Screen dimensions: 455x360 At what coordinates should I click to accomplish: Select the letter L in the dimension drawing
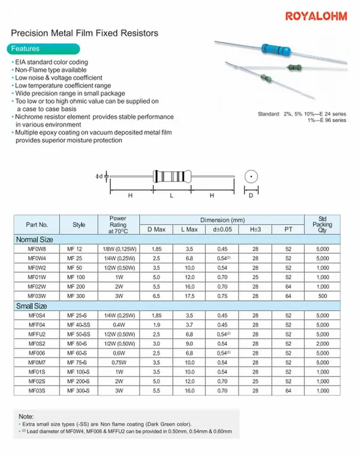click(171, 195)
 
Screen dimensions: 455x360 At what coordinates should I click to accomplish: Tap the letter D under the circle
click(249, 196)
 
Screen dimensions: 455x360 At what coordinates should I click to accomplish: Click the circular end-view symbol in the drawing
click(249, 177)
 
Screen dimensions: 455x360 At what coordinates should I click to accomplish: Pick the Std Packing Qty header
click(322, 224)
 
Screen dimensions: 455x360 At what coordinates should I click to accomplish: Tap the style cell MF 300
click(78, 296)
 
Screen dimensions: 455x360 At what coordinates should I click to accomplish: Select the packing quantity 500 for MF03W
click(322, 296)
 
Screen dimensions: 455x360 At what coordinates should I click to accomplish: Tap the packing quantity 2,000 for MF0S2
click(322, 344)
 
